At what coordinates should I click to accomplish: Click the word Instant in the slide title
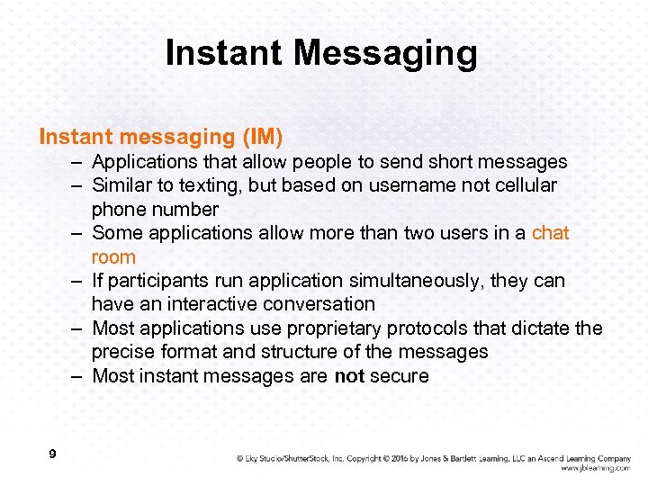click(x=224, y=53)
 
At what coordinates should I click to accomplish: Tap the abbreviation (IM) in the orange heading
click(x=262, y=138)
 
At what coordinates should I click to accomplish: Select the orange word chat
click(x=550, y=233)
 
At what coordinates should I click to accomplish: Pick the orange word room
click(x=113, y=256)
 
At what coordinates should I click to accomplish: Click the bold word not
click(x=349, y=376)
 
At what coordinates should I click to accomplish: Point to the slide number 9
click(x=52, y=454)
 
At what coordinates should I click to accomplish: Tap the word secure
click(x=400, y=376)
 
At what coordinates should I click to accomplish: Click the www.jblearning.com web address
click(x=595, y=468)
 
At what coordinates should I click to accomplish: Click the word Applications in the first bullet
click(x=146, y=162)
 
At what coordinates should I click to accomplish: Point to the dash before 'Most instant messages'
click(x=79, y=376)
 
